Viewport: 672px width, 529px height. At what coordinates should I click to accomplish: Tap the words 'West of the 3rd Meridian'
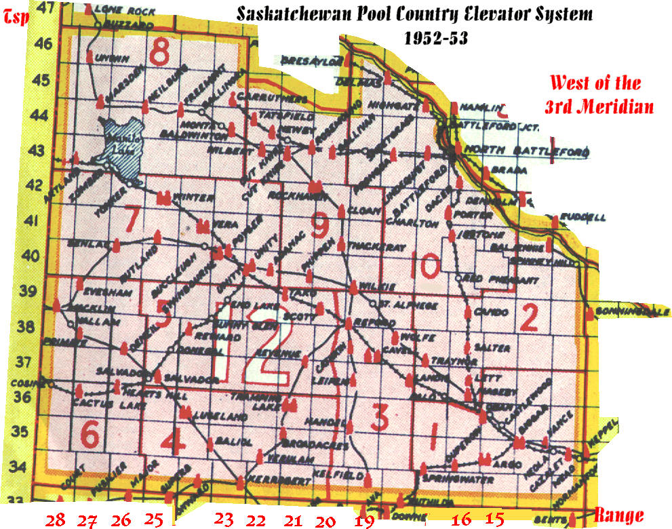tap(595, 95)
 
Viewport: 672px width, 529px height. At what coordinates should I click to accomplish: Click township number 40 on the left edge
tap(32, 256)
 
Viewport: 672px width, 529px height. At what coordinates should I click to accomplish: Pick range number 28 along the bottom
tap(56, 520)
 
